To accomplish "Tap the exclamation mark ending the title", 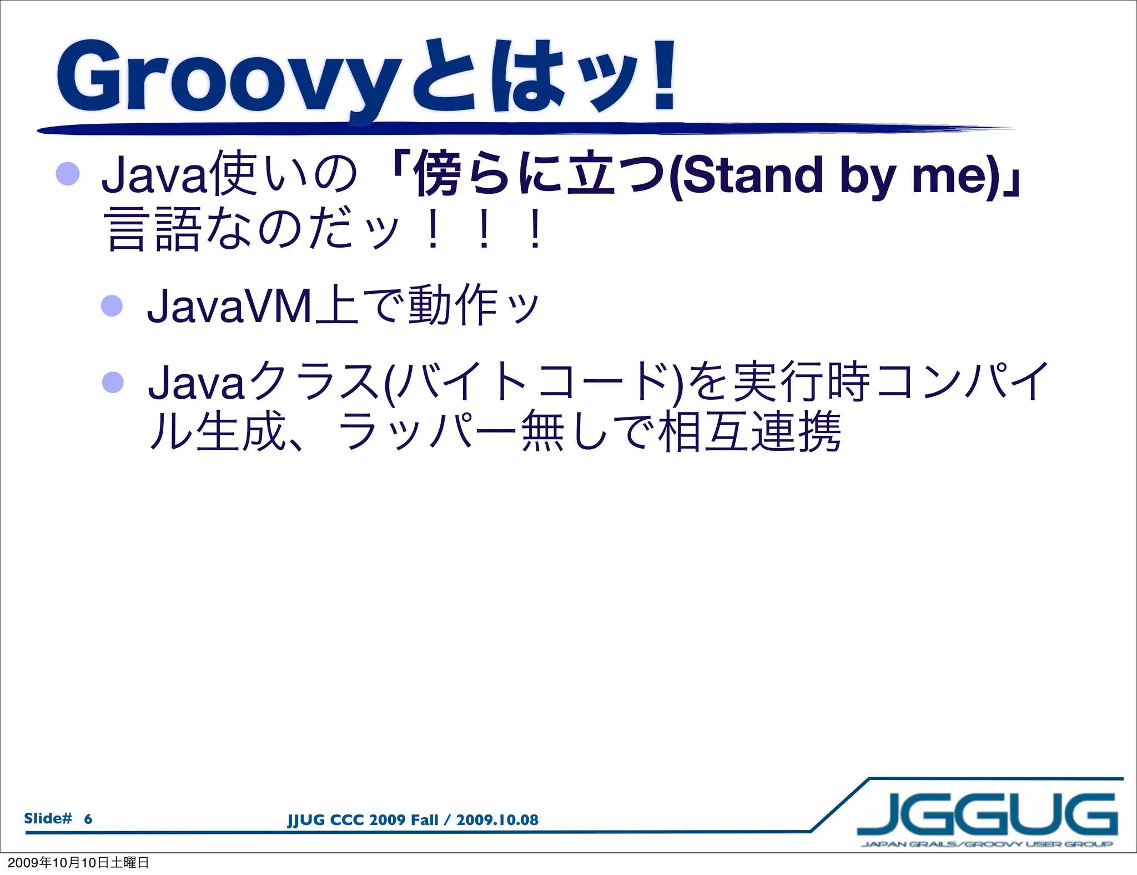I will point(663,75).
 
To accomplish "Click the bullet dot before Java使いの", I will point(68,174).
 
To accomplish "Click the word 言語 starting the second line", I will point(152,229).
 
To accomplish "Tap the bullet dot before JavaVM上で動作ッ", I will point(112,305).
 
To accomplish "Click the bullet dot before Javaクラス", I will point(113,382).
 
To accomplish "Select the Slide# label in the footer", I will point(48,818).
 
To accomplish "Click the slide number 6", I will point(88,819).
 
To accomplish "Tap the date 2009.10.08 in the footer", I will point(497,820).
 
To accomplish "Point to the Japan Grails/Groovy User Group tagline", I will point(987,844).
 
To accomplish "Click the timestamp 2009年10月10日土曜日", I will point(78,862).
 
